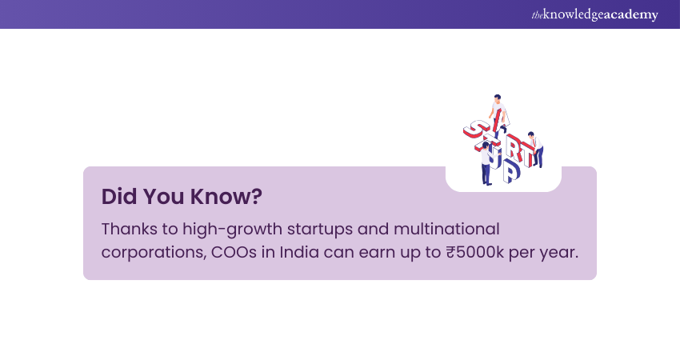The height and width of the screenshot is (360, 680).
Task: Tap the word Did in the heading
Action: pyautogui.click(x=117, y=196)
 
